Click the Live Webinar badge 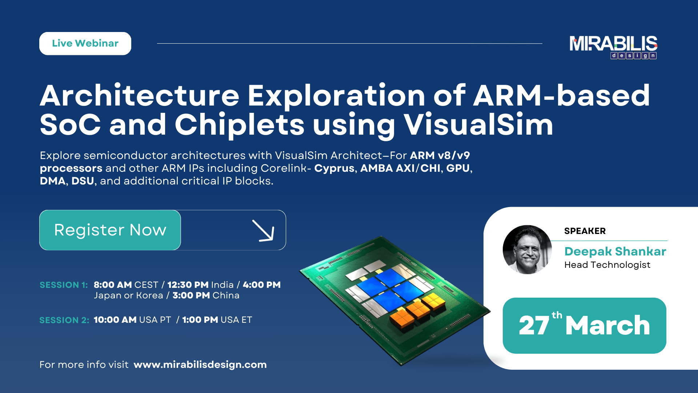[85, 43]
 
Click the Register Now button [110, 230]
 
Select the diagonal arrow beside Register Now [263, 230]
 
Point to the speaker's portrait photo [527, 250]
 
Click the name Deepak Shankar [615, 251]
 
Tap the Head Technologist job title [607, 265]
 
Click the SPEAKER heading [585, 231]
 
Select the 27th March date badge [584, 325]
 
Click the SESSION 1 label [64, 285]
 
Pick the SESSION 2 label [64, 320]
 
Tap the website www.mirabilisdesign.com [200, 365]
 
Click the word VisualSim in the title [478, 125]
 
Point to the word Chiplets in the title [239, 125]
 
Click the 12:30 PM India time [200, 285]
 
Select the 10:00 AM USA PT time [132, 320]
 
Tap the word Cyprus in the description [334, 168]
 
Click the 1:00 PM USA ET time [217, 320]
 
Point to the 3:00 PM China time [206, 295]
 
